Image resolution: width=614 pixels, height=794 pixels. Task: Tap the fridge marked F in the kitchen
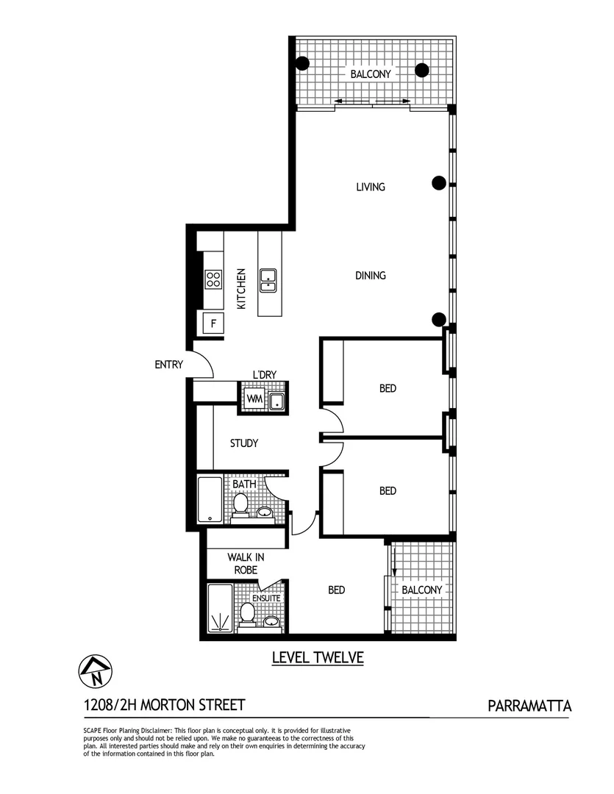pos(213,322)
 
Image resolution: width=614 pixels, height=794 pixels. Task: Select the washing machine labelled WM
pos(254,398)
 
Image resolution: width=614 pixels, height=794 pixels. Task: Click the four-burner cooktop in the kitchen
pos(213,279)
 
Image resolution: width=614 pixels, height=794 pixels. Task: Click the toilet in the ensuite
pos(247,614)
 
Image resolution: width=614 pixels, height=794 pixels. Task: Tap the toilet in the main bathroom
pos(240,504)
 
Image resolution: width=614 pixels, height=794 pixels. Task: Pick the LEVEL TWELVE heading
pos(318,657)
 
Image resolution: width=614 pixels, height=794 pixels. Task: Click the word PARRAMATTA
pos(529,707)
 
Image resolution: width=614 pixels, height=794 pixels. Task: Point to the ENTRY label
pos(168,365)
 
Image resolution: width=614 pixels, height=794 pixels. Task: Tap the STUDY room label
pos(243,443)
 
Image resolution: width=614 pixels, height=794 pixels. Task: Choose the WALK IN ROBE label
pos(245,563)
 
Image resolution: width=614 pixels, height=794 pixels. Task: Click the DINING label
pos(371,276)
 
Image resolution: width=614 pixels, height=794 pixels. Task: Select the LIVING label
pos(371,187)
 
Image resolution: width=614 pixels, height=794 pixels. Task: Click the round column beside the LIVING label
pos(439,184)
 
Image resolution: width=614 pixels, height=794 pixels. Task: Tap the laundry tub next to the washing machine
pos(277,400)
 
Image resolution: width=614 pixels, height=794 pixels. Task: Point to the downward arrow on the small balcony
pos(394,562)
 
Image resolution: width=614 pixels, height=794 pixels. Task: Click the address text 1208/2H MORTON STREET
pos(164,706)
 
